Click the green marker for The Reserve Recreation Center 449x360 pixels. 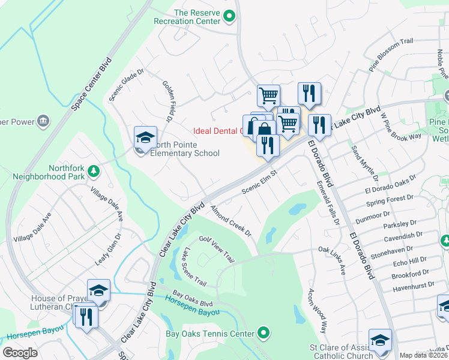tap(229, 17)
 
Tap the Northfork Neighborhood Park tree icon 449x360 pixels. tap(93, 172)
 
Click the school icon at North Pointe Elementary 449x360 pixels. tap(145, 139)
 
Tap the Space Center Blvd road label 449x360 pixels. tap(91, 84)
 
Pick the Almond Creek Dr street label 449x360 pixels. tap(230, 220)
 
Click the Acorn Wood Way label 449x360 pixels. tap(317, 310)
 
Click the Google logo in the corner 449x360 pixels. tap(20, 353)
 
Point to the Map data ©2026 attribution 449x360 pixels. tap(424, 355)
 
